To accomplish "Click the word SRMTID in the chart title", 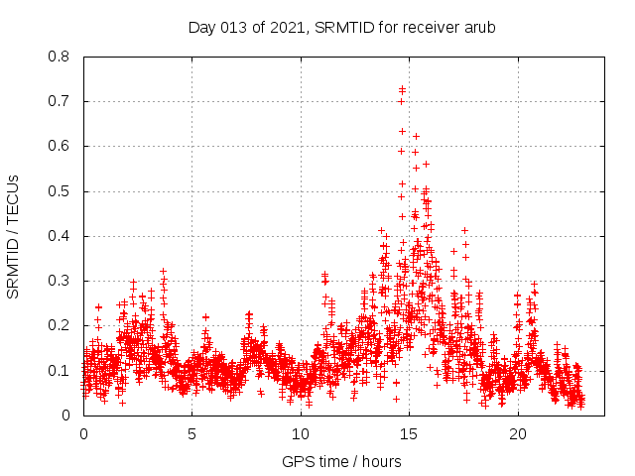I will (x=342, y=27).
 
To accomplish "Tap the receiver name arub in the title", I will (x=477, y=27).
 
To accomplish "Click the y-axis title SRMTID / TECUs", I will (x=13, y=237).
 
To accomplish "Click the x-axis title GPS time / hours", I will (x=341, y=461).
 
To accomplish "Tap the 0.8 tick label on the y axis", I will (x=60, y=57).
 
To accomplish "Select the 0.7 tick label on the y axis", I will (x=60, y=101).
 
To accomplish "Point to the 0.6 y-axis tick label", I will (x=60, y=146).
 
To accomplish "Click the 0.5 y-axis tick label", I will (x=60, y=191).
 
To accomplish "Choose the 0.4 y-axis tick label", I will (x=60, y=236).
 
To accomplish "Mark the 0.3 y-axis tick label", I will (x=60, y=281).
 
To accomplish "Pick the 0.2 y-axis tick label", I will (x=60, y=325).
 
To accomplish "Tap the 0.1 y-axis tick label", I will (x=60, y=371).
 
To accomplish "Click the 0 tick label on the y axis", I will (x=67, y=416).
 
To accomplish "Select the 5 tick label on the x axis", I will (x=192, y=434).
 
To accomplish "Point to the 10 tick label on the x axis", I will (x=301, y=434).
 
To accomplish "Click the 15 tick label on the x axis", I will (x=410, y=434).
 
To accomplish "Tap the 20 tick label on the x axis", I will (x=518, y=434).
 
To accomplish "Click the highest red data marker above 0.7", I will (x=402, y=89).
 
